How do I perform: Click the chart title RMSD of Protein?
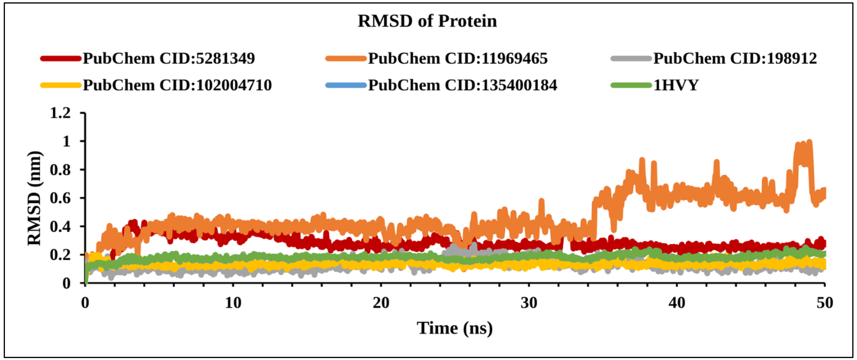pos(427,21)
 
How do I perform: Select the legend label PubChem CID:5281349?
pos(169,59)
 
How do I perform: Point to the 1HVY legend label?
pos(676,85)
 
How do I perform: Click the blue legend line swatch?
pos(346,85)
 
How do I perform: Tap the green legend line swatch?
pos(631,85)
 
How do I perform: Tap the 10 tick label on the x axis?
pos(233,303)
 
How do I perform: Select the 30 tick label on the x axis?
pos(529,303)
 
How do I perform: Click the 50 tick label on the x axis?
pos(824,303)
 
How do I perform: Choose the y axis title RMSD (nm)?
pos(35,198)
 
